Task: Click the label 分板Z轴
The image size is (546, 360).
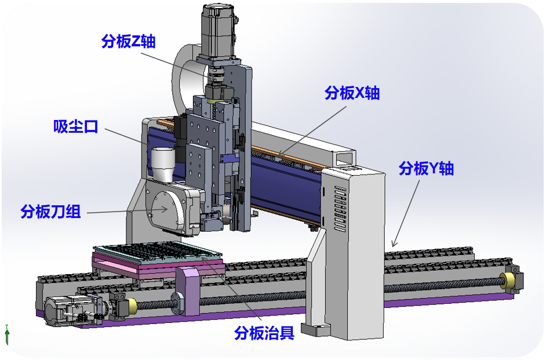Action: (x=128, y=41)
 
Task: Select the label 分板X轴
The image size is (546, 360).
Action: (x=352, y=93)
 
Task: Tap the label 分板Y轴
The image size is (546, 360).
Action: (x=426, y=169)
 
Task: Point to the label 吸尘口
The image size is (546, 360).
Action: (x=75, y=126)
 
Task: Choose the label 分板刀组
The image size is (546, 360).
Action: (x=50, y=212)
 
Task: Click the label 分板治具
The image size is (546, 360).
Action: (x=264, y=333)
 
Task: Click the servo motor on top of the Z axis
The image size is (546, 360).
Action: (x=219, y=30)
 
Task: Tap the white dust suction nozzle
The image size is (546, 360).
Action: (x=163, y=164)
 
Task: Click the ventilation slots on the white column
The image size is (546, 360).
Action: (x=340, y=209)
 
